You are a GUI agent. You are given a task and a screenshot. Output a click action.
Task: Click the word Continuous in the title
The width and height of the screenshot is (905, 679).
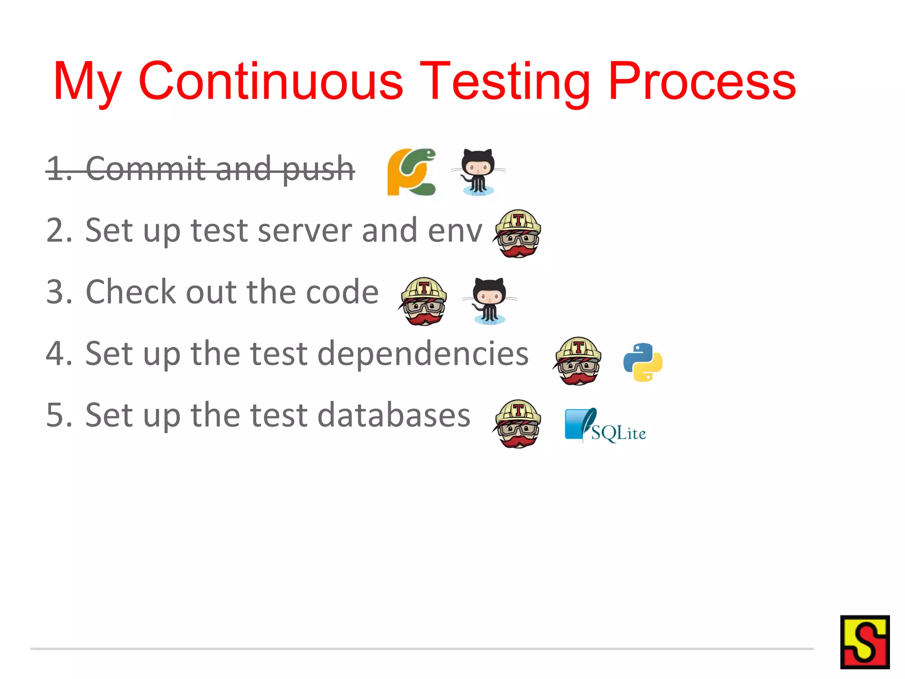(270, 81)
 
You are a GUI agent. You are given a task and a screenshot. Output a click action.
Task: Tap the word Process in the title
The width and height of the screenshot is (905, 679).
(702, 81)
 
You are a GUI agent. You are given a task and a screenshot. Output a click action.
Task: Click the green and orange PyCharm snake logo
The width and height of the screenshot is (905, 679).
(411, 172)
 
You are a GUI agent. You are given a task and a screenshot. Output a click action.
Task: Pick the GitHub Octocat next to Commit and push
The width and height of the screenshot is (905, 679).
(478, 172)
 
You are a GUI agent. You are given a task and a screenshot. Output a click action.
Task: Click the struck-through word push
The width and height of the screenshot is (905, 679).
(318, 169)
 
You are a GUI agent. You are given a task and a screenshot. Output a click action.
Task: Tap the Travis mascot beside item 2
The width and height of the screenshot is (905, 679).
(517, 233)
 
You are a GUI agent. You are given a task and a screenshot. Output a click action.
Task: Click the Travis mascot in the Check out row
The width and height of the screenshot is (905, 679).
(423, 301)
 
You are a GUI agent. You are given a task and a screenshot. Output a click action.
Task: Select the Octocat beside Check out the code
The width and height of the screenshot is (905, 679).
(489, 301)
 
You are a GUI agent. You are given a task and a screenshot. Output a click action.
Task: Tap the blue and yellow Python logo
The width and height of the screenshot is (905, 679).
(643, 362)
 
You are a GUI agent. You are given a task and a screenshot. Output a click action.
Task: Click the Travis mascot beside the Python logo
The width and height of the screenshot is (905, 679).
(578, 361)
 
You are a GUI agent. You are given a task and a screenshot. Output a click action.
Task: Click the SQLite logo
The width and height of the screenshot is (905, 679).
(605, 425)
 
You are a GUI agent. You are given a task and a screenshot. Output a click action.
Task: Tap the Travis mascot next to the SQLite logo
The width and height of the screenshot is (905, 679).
(517, 424)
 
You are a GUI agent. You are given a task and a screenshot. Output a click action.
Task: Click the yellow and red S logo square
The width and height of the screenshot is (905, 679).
(864, 642)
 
